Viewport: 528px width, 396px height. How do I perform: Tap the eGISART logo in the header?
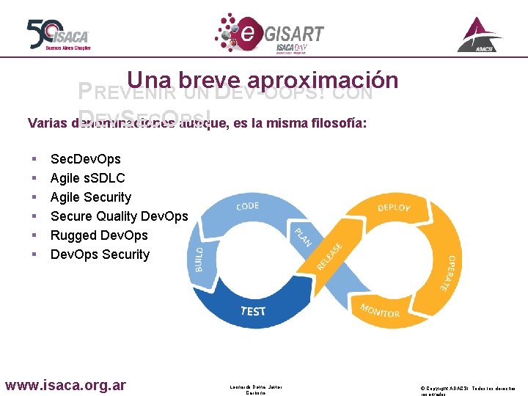[269, 33]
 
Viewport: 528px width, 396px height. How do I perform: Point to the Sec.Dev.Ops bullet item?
[85, 159]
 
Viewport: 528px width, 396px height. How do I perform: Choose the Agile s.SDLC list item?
[87, 178]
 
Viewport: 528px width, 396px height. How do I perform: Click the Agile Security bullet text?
[90, 197]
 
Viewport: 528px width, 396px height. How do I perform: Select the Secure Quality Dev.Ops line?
[119, 216]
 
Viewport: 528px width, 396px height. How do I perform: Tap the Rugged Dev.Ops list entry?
[99, 235]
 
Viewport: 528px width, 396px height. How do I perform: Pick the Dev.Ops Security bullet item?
[100, 254]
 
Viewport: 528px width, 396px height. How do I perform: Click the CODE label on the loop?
[247, 206]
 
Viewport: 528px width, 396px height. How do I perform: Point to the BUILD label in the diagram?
[199, 259]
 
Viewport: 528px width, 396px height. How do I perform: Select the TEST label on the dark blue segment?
[253, 311]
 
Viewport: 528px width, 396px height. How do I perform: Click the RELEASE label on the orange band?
[329, 256]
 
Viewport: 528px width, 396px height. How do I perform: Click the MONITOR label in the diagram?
[380, 310]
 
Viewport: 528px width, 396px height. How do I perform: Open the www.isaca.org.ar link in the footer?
[66, 385]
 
